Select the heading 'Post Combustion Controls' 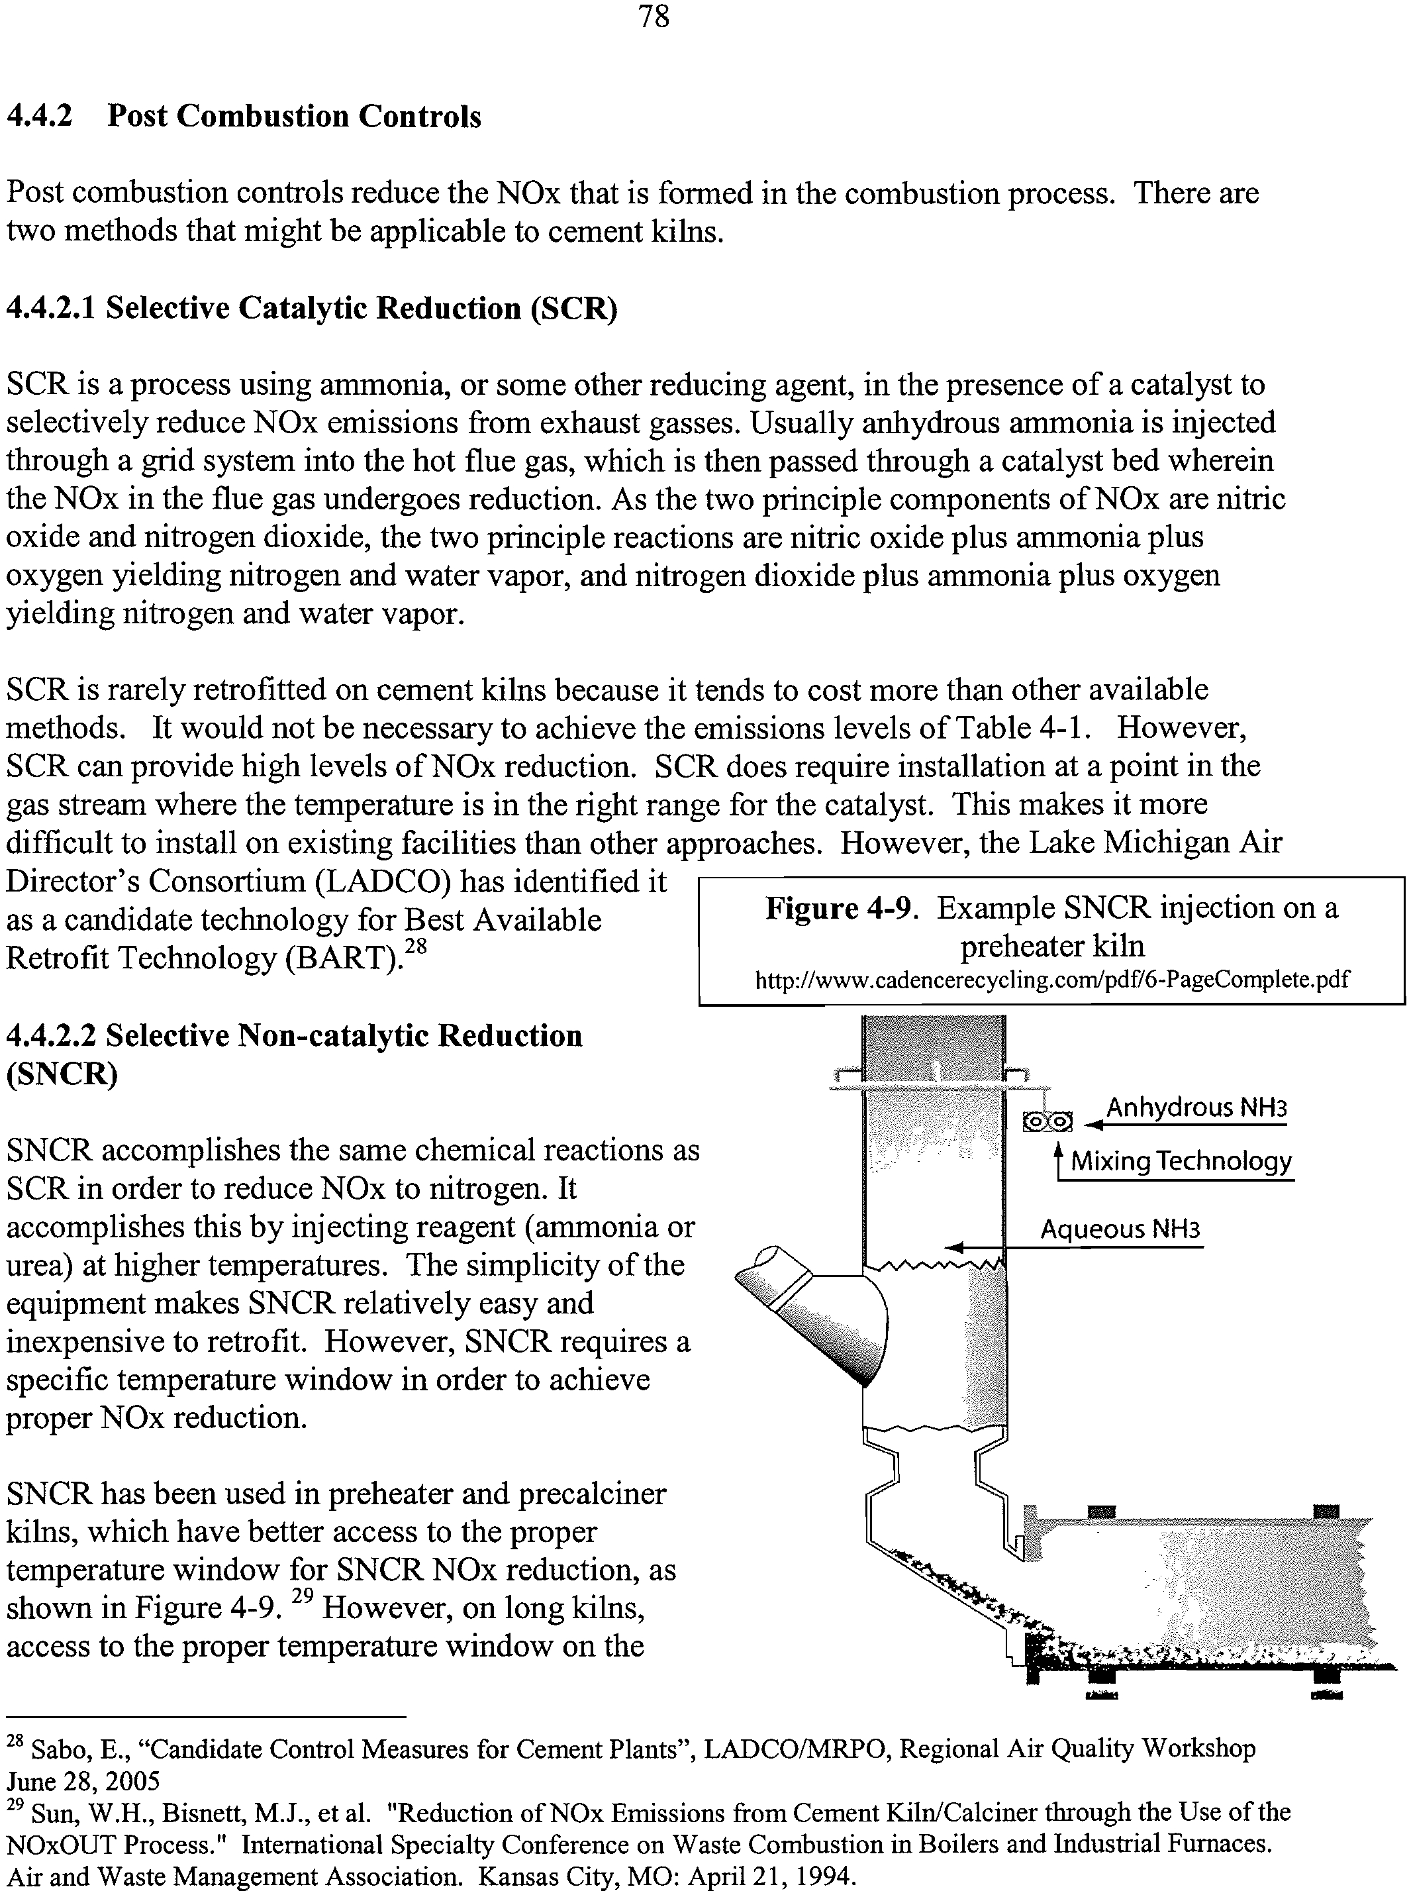click(x=293, y=116)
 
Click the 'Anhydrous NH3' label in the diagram click(x=1196, y=1108)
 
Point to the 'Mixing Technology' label click(x=1181, y=1161)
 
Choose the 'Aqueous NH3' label click(x=1120, y=1229)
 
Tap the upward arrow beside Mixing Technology click(x=1057, y=1158)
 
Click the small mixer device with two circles click(x=1047, y=1121)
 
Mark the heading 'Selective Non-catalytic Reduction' click(x=344, y=1035)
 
